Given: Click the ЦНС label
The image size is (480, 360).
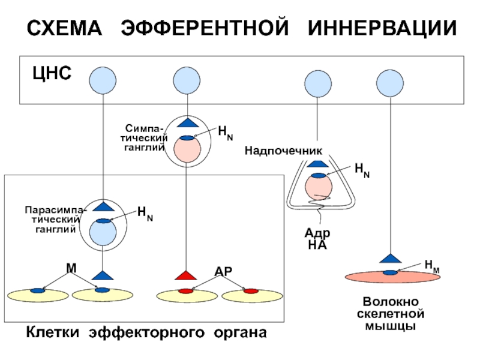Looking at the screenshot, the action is point(52,73).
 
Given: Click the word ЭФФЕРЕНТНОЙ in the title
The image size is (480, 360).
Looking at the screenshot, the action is point(205,28).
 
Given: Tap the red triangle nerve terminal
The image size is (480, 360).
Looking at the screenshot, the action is point(186,275).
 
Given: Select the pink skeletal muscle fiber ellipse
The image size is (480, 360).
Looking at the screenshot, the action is point(393,277).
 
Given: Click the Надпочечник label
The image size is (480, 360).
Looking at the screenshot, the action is point(283,151).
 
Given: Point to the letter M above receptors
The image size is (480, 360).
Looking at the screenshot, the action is point(71,268).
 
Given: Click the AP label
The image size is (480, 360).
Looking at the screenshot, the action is point(223,271).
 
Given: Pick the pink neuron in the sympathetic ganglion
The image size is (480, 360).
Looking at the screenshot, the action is point(187,149).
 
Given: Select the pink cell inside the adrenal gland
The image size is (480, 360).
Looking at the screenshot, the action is point(319,187).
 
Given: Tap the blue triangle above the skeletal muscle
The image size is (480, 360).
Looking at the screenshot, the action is point(391,259).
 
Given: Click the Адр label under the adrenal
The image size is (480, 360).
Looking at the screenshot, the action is point(317,233).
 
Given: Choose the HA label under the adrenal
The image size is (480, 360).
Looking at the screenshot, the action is point(317,245).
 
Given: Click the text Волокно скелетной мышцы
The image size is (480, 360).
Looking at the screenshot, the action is point(391,314).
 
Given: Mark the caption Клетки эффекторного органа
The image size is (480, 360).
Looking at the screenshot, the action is point(146,332).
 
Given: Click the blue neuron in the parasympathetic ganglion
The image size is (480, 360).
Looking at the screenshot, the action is point(103,232).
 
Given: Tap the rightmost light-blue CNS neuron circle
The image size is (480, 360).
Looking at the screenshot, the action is point(390,83).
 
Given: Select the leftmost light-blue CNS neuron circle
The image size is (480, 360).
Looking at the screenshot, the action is point(103,80).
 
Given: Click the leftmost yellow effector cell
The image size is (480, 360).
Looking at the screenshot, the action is point(38,295).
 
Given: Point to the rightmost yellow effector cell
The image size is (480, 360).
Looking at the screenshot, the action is point(252,296).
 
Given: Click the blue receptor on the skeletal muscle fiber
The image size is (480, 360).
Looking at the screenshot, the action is point(390,272).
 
